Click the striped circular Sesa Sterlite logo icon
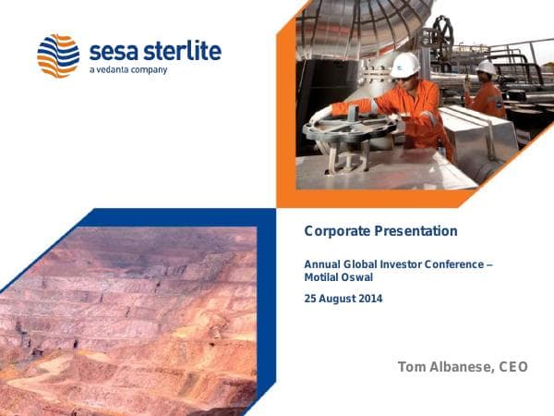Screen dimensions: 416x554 coord(58,55)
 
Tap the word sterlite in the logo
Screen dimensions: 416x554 coord(184,50)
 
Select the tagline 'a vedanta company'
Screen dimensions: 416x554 coord(128,70)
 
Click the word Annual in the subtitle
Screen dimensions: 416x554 coord(322,264)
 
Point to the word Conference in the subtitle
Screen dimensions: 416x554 coord(453,264)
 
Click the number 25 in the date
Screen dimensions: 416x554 coord(311,299)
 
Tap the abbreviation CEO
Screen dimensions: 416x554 coord(513,367)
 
